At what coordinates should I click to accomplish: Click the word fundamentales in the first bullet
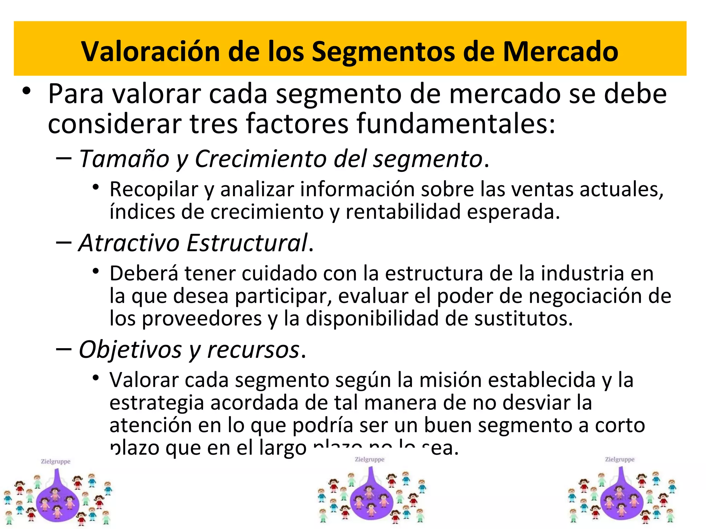[456, 123]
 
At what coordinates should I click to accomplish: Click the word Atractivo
[129, 243]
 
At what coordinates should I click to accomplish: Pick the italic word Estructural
[247, 243]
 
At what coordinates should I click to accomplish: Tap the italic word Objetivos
[130, 350]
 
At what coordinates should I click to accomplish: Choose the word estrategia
[157, 403]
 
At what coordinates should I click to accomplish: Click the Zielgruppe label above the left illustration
[56, 461]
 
